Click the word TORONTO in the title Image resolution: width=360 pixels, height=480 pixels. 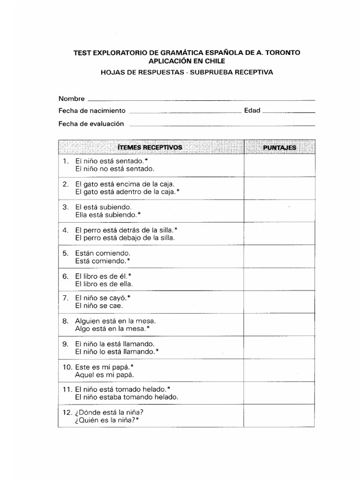280,53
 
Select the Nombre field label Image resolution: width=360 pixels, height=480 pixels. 71,99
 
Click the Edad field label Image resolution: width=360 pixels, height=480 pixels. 252,111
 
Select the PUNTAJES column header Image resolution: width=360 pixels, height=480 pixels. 279,148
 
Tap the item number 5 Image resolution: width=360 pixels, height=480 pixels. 66,253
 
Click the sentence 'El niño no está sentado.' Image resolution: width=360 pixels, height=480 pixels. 115,169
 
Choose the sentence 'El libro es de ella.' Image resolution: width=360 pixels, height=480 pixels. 104,284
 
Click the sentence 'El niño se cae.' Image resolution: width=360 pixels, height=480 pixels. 99,306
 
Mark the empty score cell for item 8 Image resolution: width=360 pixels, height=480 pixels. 279,325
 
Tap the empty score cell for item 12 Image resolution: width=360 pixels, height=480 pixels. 279,416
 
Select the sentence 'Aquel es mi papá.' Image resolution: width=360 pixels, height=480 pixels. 105,375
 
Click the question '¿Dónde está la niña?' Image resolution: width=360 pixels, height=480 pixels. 109,412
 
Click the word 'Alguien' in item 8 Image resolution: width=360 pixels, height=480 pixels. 87,321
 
